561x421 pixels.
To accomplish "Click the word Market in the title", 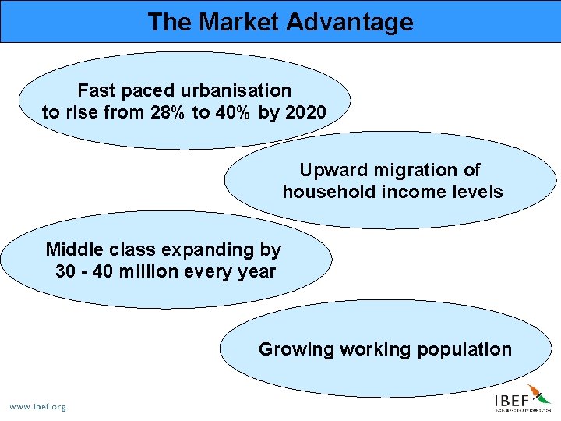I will pos(241,22).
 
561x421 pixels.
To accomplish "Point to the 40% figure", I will pos(231,113).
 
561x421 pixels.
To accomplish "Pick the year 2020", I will pos(305,113).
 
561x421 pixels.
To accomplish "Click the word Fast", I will pos(97,91).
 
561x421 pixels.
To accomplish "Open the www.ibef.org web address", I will pos(37,406).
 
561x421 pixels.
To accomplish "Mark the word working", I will pos(374,349).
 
